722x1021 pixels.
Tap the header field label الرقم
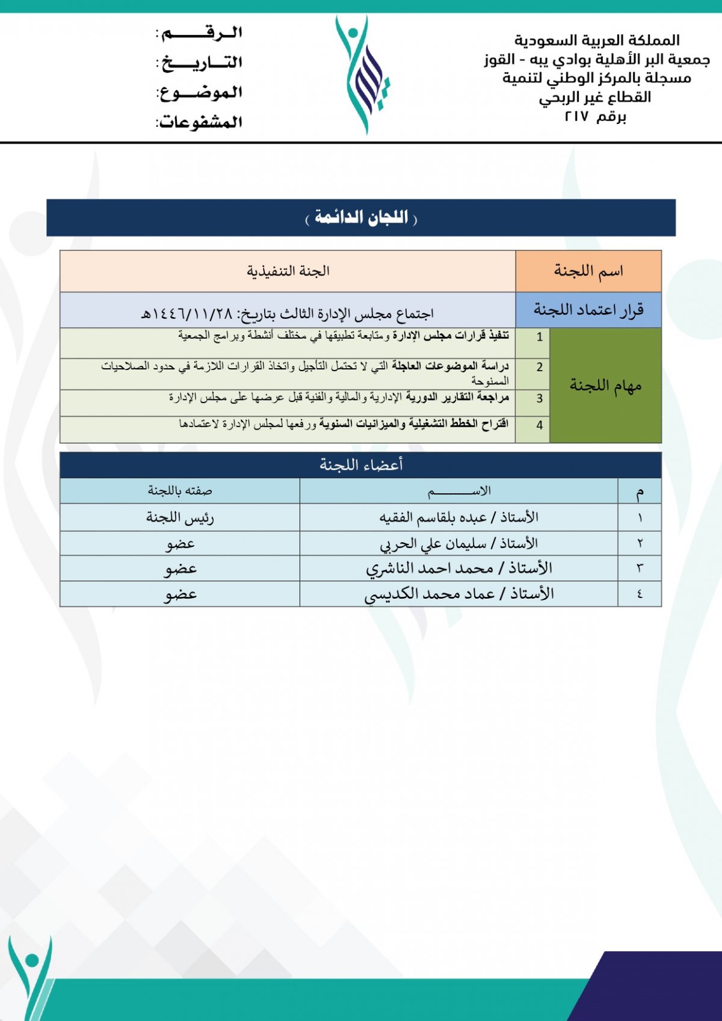coord(200,32)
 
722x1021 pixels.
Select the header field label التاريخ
coord(200,63)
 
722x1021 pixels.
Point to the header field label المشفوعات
coord(200,123)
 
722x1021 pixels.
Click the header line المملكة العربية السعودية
coord(596,40)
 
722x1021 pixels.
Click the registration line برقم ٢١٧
coord(595,117)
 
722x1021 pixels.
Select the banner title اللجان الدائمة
coord(361,218)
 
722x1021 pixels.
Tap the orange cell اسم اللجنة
coord(588,271)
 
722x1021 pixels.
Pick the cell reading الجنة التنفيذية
coord(288,271)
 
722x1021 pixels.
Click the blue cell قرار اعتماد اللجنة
coord(588,310)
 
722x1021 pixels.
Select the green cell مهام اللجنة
coord(605,386)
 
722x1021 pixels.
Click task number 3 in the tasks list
coord(540,398)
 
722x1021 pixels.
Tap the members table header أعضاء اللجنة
coord(361,465)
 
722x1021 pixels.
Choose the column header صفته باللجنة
coord(180,491)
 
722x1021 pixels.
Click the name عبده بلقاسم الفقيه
coord(433,517)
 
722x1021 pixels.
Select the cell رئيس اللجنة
coord(180,517)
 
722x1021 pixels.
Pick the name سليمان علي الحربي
coord(433,544)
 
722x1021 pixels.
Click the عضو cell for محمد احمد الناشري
coord(180,569)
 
